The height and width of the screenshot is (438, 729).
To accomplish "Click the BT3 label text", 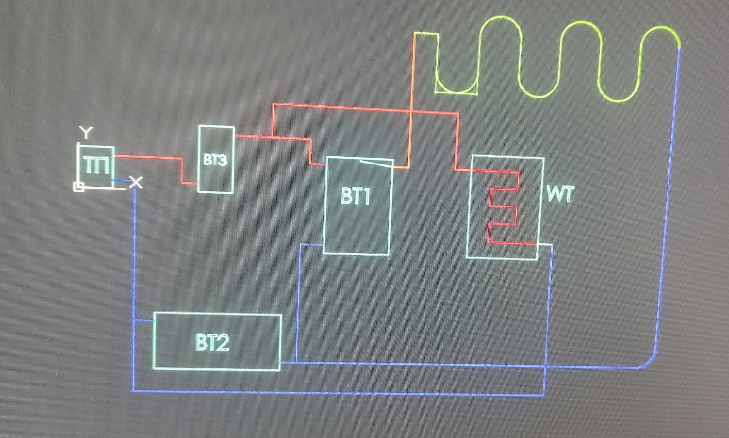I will tap(216, 159).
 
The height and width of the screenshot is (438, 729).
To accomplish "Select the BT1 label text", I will tap(354, 197).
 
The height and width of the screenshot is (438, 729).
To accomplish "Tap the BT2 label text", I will tap(212, 344).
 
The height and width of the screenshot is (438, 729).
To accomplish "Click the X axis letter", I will tap(136, 182).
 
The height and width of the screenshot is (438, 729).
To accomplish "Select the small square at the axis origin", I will tap(79, 185).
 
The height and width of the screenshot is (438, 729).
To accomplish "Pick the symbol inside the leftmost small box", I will tap(96, 164).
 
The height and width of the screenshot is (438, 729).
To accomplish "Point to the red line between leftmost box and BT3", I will tap(149, 157).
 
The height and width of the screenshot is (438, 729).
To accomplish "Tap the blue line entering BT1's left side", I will tap(311, 246).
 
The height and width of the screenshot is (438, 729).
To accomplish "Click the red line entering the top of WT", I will tap(455, 139).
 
